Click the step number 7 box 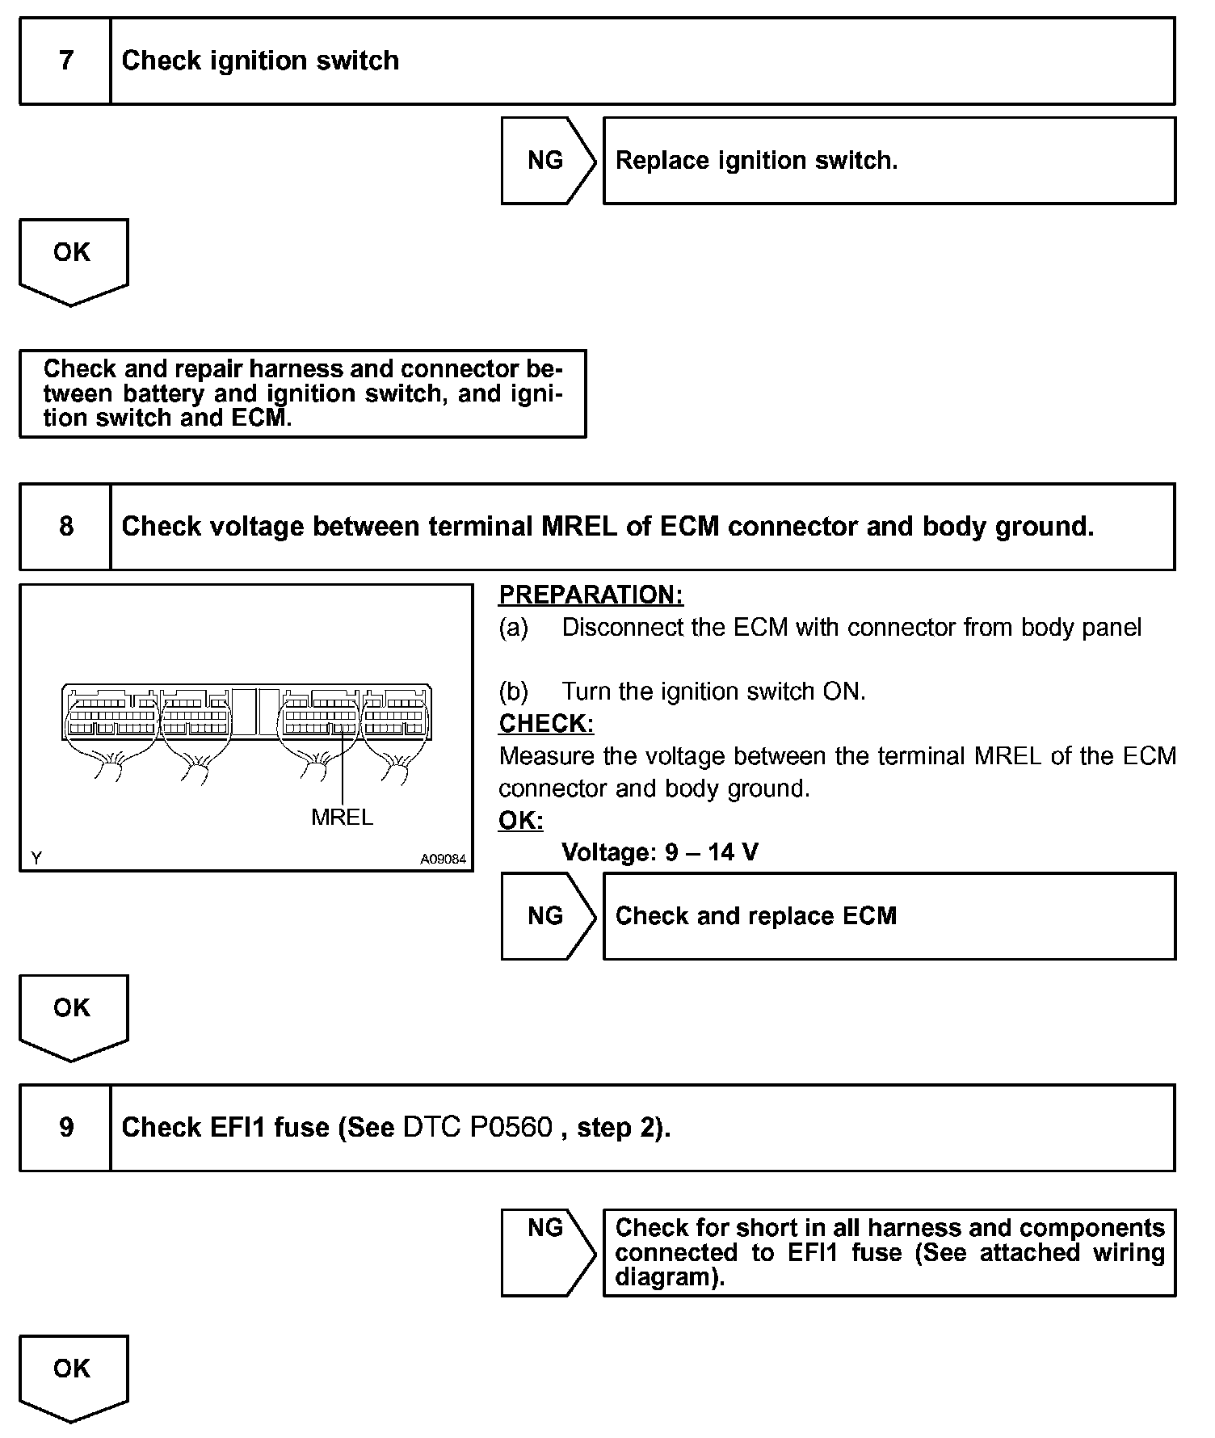pyautogui.click(x=65, y=61)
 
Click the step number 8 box pyautogui.click(x=65, y=527)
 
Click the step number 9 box pyautogui.click(x=65, y=1127)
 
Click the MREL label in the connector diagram pyautogui.click(x=342, y=818)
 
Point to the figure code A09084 pyautogui.click(x=443, y=860)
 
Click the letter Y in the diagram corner pyautogui.click(x=36, y=858)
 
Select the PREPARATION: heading pyautogui.click(x=591, y=595)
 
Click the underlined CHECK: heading pyautogui.click(x=546, y=723)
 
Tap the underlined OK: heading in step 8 pyautogui.click(x=521, y=820)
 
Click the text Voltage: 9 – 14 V pyautogui.click(x=659, y=852)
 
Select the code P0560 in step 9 pyautogui.click(x=511, y=1127)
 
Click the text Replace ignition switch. pyautogui.click(x=756, y=160)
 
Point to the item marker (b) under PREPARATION pyautogui.click(x=514, y=692)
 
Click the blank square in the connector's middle pyautogui.click(x=257, y=712)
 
